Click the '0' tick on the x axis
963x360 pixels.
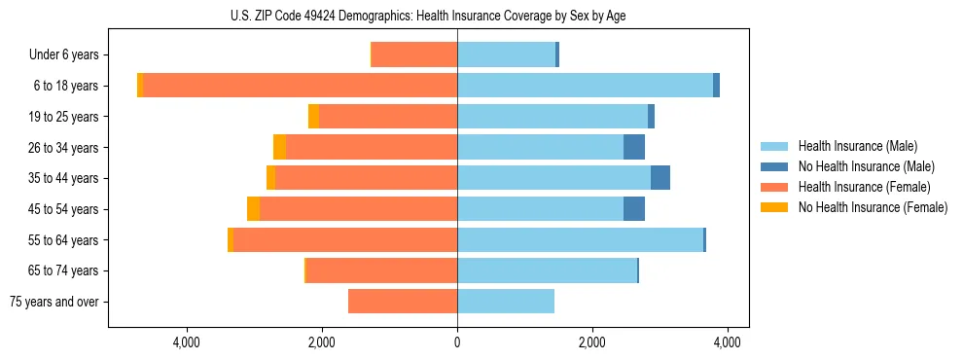(457, 342)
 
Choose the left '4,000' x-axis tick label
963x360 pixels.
(186, 342)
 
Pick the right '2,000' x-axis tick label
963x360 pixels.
(592, 342)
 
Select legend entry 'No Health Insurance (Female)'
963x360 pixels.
(873, 207)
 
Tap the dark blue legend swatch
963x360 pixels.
(774, 166)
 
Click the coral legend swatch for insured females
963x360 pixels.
(774, 187)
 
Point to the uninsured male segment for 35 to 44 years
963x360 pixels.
(660, 178)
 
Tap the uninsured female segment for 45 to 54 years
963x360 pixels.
(253, 209)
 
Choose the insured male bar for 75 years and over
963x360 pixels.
(506, 302)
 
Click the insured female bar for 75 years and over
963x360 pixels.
(403, 302)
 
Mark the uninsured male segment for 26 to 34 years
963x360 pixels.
(634, 147)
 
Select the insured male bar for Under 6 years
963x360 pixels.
(506, 54)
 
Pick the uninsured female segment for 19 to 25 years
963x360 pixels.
(313, 117)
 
